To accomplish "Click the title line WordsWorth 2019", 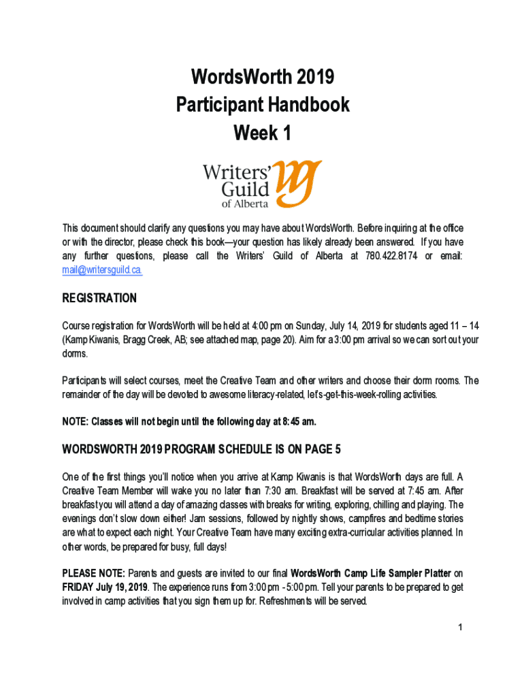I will click(x=263, y=78).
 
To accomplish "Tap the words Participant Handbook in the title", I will click(x=263, y=105).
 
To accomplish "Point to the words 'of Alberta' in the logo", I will click(x=244, y=204).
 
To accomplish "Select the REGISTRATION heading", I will click(x=99, y=298).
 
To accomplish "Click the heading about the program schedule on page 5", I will click(x=201, y=449).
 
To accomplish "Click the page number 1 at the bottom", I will click(x=461, y=627).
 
